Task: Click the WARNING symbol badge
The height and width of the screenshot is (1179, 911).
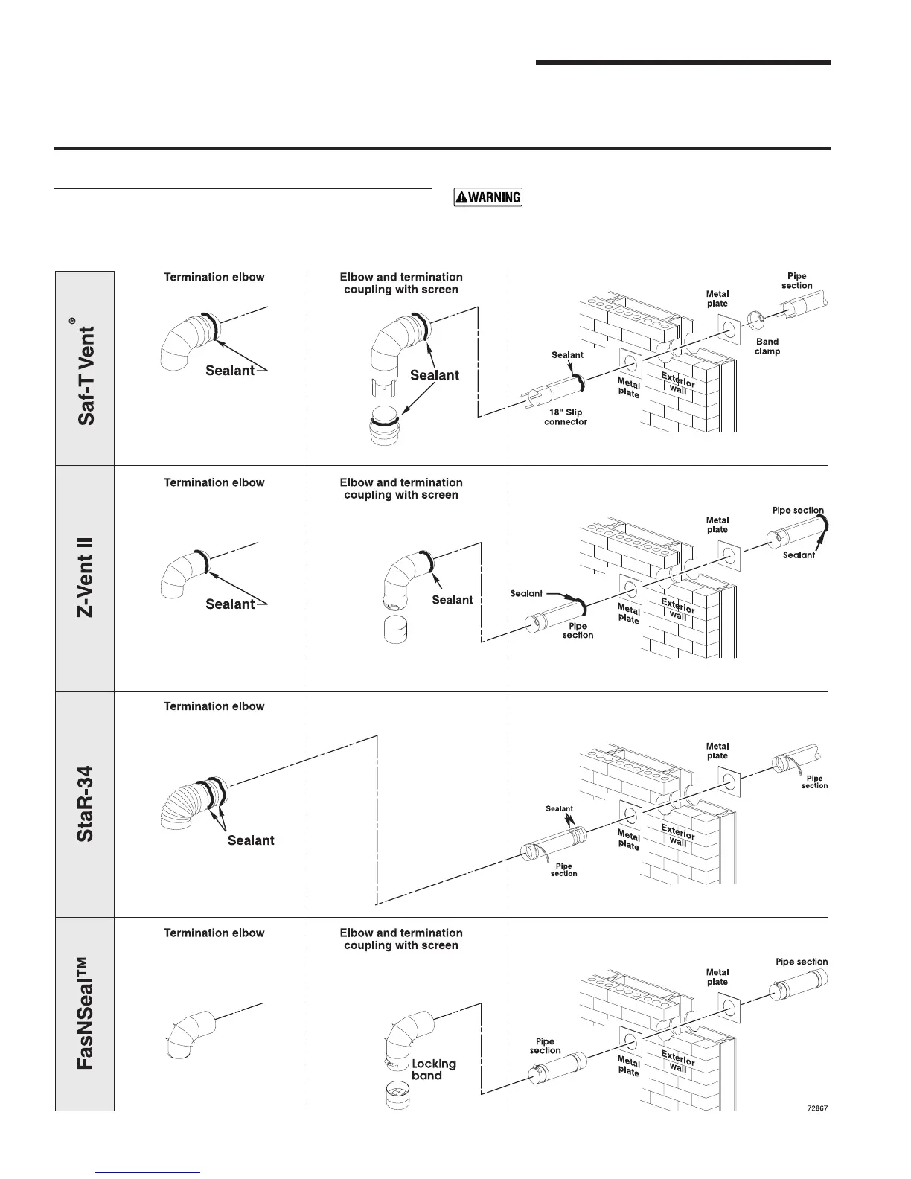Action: [488, 197]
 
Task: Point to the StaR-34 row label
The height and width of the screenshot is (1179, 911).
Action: [86, 804]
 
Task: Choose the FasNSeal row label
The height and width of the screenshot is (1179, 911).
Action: [86, 1015]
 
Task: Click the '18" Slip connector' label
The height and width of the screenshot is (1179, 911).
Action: [566, 417]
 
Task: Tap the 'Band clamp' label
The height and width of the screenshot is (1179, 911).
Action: [767, 347]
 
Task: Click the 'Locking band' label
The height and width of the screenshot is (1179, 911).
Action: [433, 1070]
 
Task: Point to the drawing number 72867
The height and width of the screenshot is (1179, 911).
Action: [817, 1107]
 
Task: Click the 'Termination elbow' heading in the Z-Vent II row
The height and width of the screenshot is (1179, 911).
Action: [214, 482]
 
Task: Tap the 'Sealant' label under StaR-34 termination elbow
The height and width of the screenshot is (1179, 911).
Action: [251, 840]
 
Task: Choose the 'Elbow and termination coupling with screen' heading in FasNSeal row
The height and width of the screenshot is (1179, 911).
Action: [400, 939]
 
